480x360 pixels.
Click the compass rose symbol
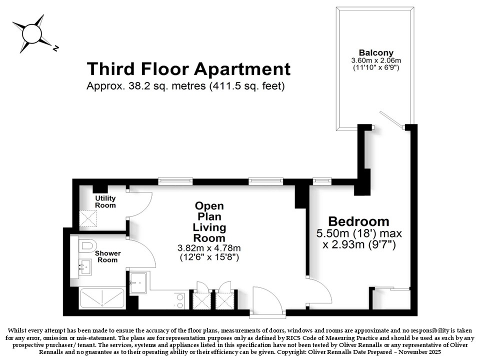32,33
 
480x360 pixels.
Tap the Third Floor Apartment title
188,69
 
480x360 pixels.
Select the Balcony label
376,52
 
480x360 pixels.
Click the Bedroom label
358,221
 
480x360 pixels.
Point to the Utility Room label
105,201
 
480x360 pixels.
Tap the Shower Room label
108,256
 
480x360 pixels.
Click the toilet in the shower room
87,246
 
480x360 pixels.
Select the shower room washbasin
85,267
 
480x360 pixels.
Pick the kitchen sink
138,283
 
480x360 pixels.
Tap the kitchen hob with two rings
179,301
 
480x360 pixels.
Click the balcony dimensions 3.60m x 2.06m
376,60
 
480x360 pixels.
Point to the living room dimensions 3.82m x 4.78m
209,248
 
